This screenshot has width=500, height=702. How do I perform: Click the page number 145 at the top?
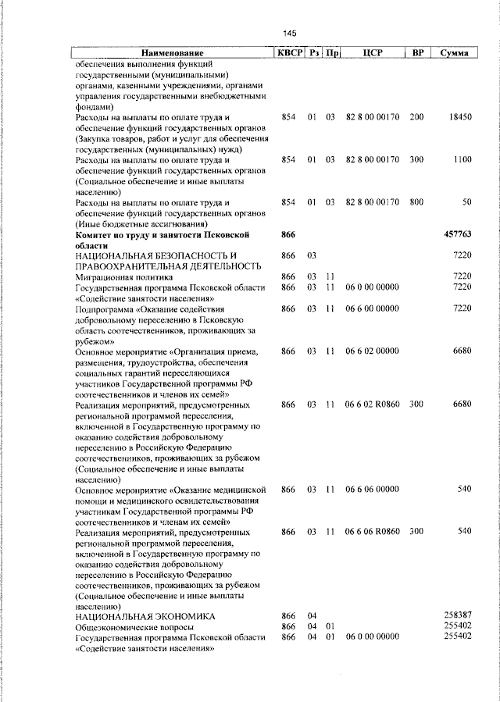click(x=290, y=33)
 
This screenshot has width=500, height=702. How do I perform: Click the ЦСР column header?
click(x=372, y=53)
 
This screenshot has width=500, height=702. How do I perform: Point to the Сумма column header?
click(x=455, y=53)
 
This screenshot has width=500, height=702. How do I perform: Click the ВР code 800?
click(x=416, y=202)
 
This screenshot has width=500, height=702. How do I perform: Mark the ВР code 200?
click(x=416, y=117)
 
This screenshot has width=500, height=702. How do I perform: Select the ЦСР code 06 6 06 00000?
click(x=372, y=489)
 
